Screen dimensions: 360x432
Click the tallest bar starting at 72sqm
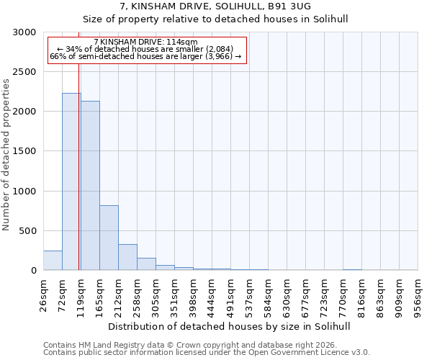[71, 181]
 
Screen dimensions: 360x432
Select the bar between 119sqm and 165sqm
[90, 186]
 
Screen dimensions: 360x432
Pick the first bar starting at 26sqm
[53, 261]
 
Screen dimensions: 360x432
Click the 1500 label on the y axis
[27, 151]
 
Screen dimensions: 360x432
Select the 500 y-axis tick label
[30, 231]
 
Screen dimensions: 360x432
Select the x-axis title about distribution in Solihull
[230, 326]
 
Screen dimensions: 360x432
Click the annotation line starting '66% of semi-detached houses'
[145, 56]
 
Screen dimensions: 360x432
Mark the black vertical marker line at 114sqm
[78, 144]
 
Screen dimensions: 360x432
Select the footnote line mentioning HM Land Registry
[206, 345]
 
